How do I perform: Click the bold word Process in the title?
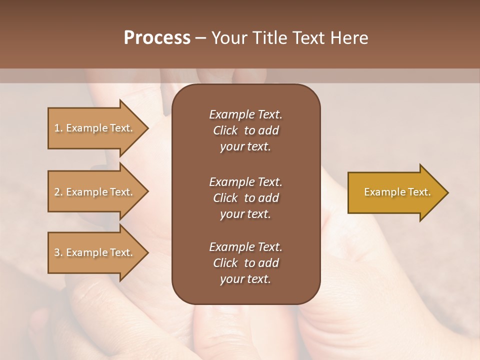pyautogui.click(x=157, y=38)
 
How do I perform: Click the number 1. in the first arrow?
pyautogui.click(x=58, y=128)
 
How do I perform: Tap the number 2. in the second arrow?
pyautogui.click(x=58, y=192)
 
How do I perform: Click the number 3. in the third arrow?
pyautogui.click(x=58, y=252)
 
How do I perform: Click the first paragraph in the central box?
pyautogui.click(x=245, y=130)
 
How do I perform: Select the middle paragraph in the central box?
pyautogui.click(x=245, y=198)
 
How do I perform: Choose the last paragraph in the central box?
pyautogui.click(x=245, y=263)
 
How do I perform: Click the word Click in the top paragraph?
pyautogui.click(x=225, y=130)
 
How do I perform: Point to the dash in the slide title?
pyautogui.click(x=200, y=38)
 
